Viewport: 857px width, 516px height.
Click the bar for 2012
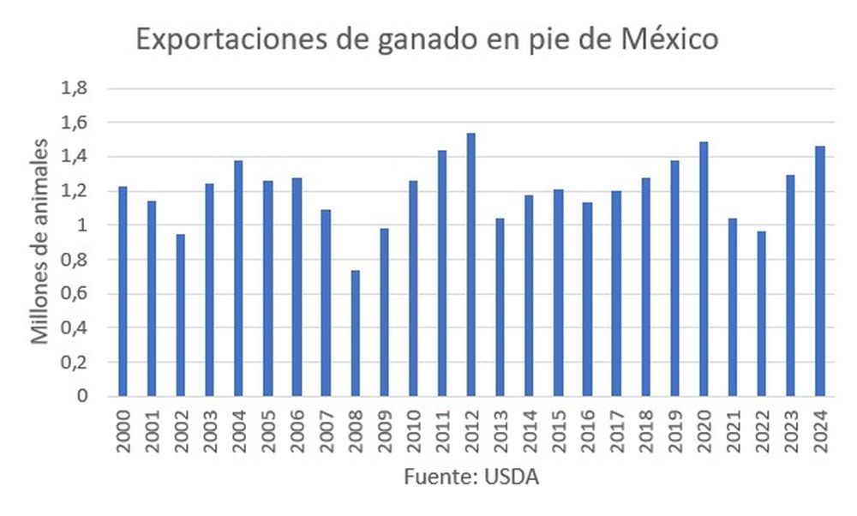(471, 265)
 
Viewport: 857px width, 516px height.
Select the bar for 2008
(355, 333)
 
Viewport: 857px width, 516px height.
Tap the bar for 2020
(704, 269)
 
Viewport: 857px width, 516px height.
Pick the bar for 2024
(820, 271)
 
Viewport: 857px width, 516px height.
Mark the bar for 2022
(762, 314)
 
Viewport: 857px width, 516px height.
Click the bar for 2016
(587, 299)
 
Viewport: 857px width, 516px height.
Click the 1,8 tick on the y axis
(75, 88)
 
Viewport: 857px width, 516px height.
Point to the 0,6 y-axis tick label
(75, 294)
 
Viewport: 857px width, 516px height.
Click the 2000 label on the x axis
(123, 428)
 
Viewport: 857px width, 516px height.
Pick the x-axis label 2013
(500, 428)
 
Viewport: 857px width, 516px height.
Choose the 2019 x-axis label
(674, 428)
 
